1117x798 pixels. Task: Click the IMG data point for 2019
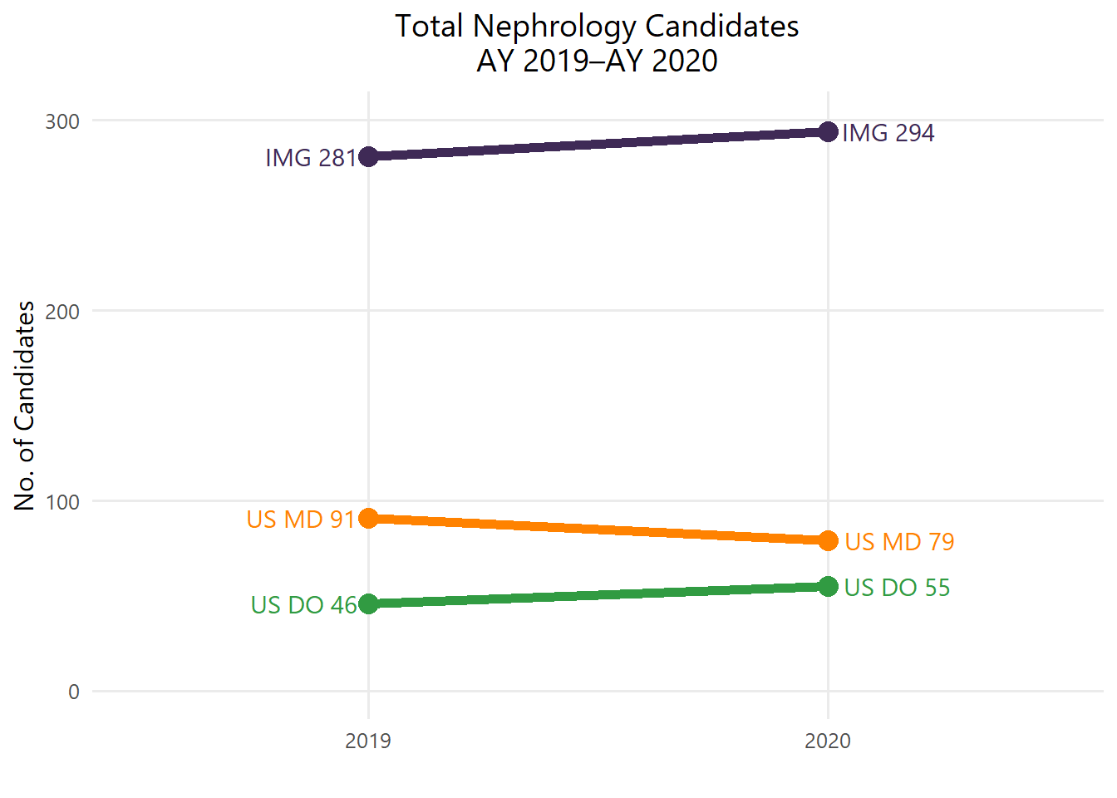click(368, 156)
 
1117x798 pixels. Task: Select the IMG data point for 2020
click(828, 131)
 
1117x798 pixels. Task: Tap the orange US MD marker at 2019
click(368, 518)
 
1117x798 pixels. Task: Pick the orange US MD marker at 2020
click(828, 540)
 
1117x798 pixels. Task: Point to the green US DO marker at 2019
click(368, 603)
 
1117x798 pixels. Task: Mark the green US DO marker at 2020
click(828, 586)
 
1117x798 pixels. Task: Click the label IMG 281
click(310, 158)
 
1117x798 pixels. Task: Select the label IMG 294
click(888, 133)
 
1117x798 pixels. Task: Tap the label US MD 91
click(301, 520)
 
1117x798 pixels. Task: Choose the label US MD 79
click(899, 542)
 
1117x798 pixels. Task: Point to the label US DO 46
click(303, 605)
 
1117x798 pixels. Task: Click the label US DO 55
click(897, 588)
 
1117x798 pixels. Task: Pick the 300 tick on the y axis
click(62, 121)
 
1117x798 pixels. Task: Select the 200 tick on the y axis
click(62, 312)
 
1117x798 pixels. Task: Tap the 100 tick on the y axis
click(62, 502)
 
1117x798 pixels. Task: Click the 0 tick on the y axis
click(74, 692)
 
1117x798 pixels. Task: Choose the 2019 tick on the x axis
click(368, 741)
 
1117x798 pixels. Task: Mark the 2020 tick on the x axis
click(828, 741)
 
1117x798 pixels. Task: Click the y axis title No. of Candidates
click(26, 406)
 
